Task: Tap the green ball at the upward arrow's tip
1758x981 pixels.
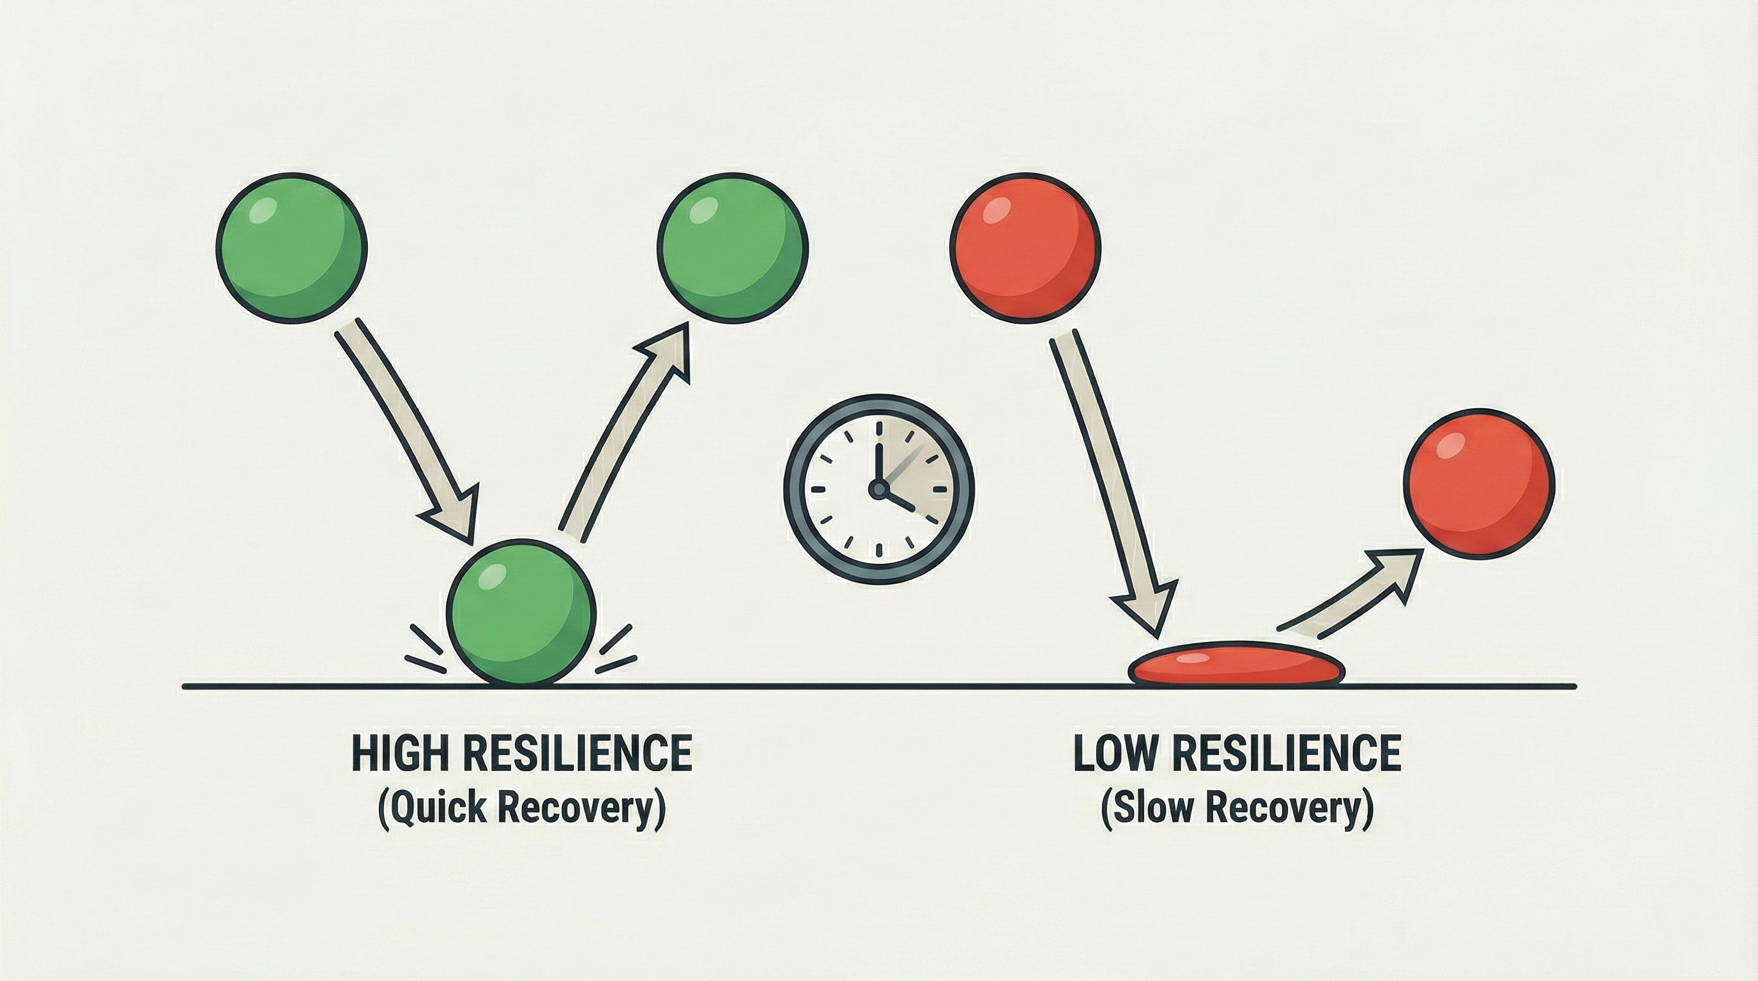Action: [732, 246]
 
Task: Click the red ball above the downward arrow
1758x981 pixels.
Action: [1025, 246]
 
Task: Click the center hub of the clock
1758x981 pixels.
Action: [878, 488]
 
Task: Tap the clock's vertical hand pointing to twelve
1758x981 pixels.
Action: [879, 453]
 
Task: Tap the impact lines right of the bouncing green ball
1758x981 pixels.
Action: [616, 649]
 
